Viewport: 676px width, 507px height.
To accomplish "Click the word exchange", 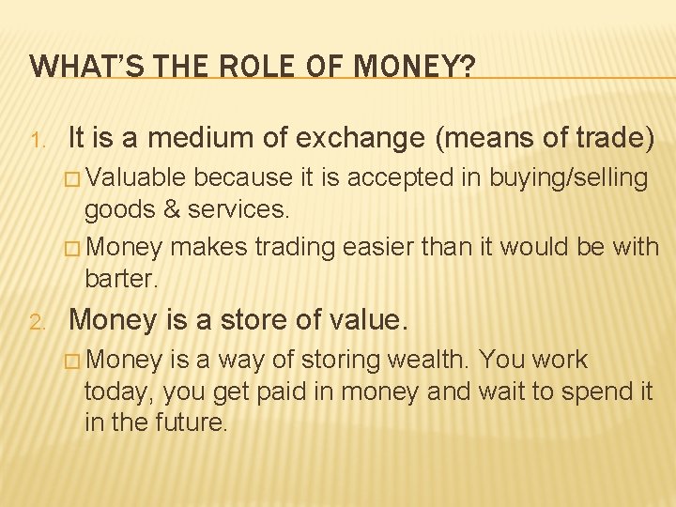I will point(366,139).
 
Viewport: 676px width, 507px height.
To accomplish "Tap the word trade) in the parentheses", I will point(608,139).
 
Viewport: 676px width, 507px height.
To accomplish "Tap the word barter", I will point(121,280).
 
